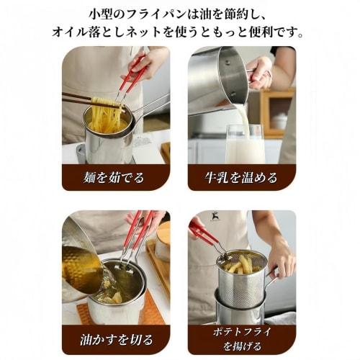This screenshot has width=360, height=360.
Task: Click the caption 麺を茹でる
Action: [115, 177]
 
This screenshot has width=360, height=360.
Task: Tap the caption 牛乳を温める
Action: [242, 177]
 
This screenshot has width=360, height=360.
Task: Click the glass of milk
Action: [245, 144]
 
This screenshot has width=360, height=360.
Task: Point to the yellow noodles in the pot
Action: [107, 115]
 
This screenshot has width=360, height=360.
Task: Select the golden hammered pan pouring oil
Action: [81, 266]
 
